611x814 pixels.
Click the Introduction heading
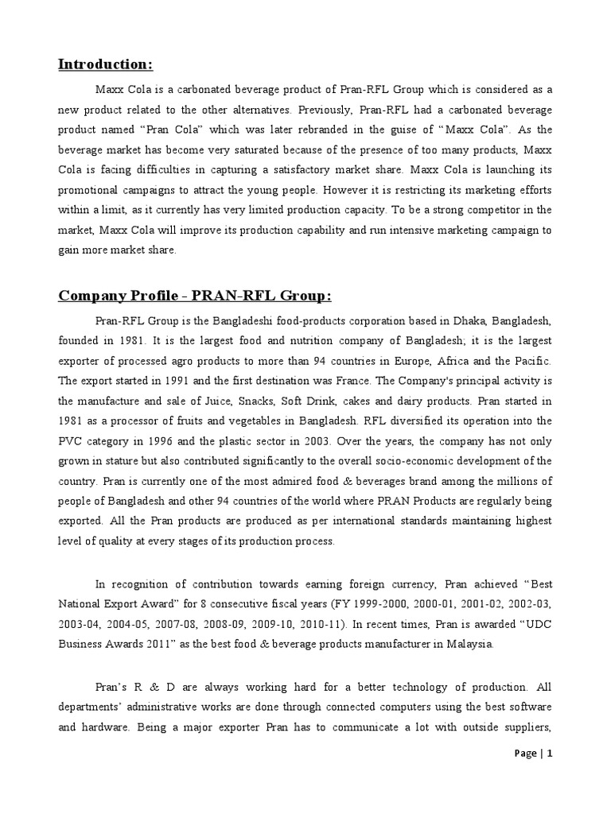[x=105, y=64]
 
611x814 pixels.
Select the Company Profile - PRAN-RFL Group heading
[x=194, y=296]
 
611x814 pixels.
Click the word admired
[x=295, y=480]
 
